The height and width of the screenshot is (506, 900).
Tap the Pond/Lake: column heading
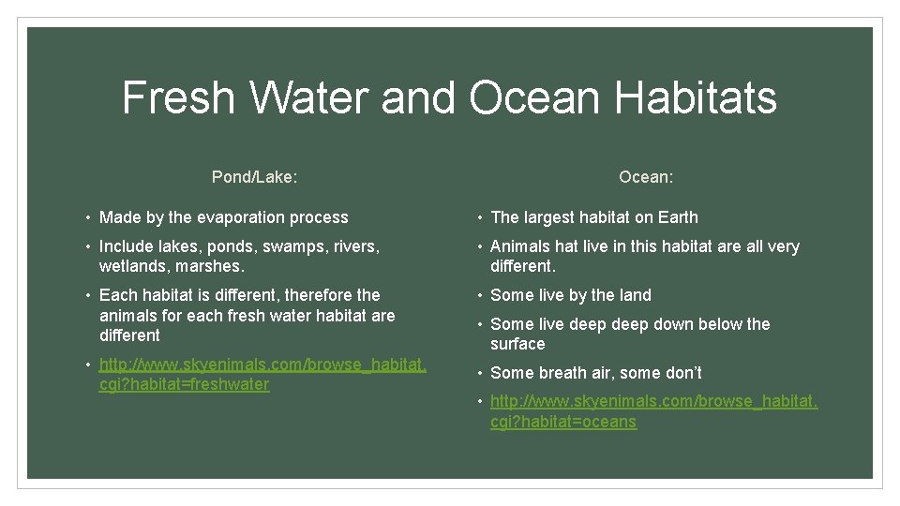pyautogui.click(x=254, y=176)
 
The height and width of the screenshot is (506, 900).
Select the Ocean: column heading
pyautogui.click(x=646, y=176)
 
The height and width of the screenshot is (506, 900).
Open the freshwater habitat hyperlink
pyautogui.click(x=262, y=374)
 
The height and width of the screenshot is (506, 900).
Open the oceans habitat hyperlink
pyautogui.click(x=653, y=411)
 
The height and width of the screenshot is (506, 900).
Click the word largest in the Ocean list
pyautogui.click(x=549, y=217)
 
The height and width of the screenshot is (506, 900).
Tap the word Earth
pyautogui.click(x=677, y=217)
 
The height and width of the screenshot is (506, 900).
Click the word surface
pyautogui.click(x=517, y=344)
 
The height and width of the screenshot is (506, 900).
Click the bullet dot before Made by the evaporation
pyautogui.click(x=88, y=218)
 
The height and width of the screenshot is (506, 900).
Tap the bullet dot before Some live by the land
pyautogui.click(x=479, y=296)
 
